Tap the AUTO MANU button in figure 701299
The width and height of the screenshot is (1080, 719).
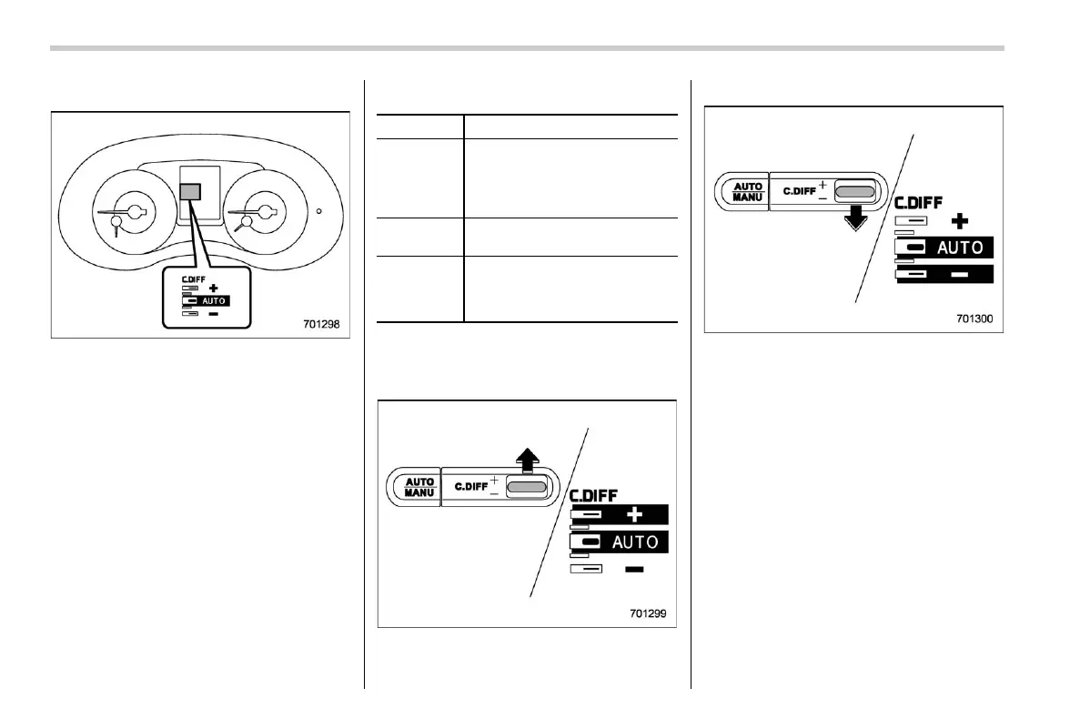pos(419,487)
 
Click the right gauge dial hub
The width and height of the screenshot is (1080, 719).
pos(266,212)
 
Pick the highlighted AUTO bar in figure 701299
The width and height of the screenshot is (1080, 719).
pos(619,542)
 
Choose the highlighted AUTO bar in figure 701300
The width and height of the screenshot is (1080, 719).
pos(944,248)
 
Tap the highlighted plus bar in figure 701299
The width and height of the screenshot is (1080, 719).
pos(619,515)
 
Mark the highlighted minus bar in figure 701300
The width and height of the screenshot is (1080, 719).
pos(944,273)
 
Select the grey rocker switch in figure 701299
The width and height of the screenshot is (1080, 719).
pos(528,488)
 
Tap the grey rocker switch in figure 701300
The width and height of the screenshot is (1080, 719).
pos(854,192)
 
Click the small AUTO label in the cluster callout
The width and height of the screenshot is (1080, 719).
pos(215,299)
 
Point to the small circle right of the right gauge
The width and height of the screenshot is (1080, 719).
pos(319,211)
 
